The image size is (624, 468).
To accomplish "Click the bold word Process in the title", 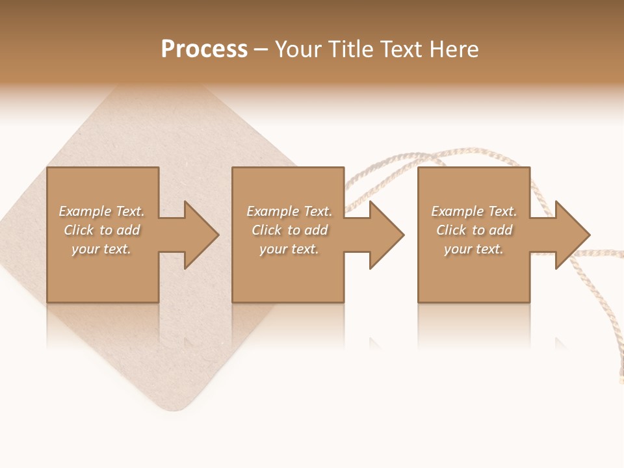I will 204,49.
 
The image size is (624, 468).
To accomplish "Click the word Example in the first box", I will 85,211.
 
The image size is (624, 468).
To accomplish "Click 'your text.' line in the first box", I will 101,249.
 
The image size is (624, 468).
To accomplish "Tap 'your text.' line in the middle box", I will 289,249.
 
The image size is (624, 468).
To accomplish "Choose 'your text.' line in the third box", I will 474,249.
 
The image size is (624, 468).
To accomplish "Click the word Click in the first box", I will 79,230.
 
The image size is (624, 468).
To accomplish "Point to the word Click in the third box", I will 451,230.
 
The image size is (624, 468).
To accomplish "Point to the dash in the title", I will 261,49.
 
